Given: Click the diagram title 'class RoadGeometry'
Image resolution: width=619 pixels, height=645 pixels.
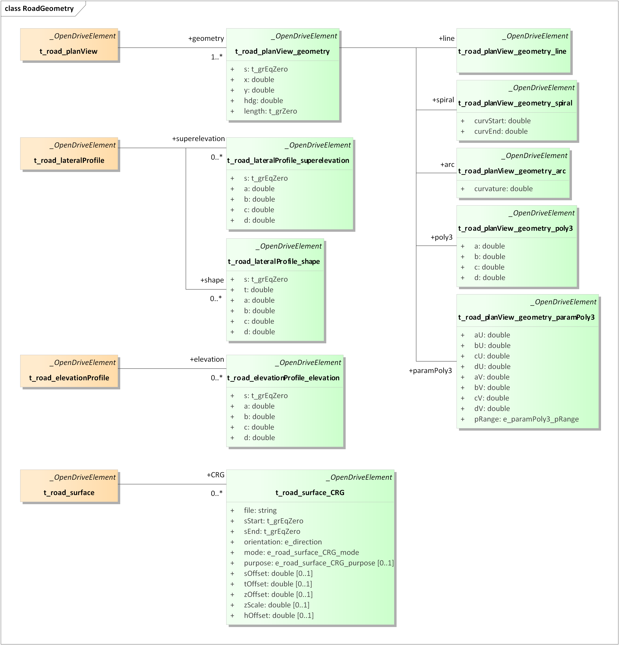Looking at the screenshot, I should coord(39,8).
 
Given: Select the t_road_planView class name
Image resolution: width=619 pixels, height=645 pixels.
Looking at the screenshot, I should coord(68,51).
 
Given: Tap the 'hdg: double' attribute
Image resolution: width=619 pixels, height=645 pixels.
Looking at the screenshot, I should coord(263,101).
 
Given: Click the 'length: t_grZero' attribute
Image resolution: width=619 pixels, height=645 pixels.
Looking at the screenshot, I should coord(270,111).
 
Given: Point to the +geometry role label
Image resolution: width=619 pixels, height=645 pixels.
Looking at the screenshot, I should coord(206,39).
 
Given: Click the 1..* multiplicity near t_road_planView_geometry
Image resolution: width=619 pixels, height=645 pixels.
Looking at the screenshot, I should coord(217,57).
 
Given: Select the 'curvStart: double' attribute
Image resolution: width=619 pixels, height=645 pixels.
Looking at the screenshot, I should coord(502,121).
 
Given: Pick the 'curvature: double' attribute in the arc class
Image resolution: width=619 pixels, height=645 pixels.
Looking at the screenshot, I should coord(503,189).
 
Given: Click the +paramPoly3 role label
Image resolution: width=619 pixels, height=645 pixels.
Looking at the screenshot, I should coord(430,371).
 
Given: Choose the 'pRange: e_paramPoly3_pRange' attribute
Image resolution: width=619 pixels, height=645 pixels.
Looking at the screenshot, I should coord(526,419).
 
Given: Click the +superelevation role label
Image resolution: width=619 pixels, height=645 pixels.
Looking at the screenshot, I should coord(198,139).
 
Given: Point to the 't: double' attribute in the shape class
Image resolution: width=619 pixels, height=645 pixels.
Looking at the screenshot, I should coord(258,290).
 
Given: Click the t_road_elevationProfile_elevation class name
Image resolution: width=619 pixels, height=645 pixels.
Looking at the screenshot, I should coord(283,378).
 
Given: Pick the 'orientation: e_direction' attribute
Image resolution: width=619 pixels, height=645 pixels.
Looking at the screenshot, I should coord(283,542).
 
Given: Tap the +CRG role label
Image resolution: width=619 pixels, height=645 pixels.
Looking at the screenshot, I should coord(216,475).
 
